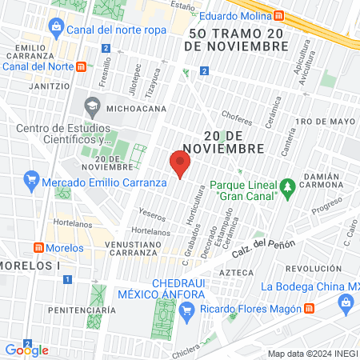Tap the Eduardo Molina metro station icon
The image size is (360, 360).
click(278, 14)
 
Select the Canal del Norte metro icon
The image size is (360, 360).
click(82, 66)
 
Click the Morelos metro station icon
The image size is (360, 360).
click(38, 248)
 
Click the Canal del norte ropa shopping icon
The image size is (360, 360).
click(56, 30)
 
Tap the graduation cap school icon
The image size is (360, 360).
click(92, 106)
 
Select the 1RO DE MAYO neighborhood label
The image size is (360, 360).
click(324, 122)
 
